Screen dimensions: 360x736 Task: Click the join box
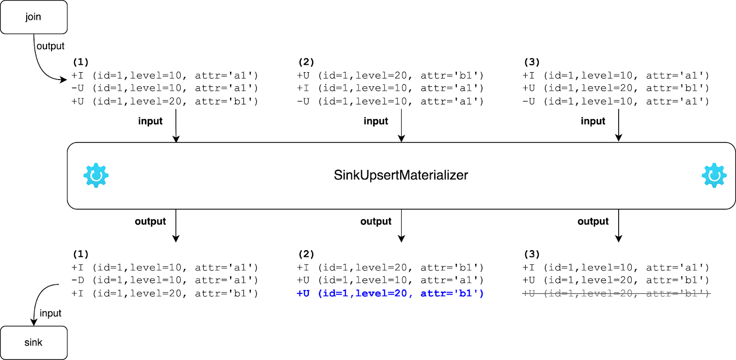34,17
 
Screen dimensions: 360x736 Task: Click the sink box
34,343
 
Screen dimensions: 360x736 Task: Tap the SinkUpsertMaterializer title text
401,175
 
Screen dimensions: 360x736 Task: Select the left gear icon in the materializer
96,175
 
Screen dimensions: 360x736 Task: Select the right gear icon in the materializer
714,175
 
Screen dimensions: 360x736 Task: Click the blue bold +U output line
390,293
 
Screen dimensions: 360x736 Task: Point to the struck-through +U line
615,293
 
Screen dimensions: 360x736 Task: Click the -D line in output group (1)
164,280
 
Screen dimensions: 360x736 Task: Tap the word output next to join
51,46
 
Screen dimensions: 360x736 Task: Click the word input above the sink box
51,313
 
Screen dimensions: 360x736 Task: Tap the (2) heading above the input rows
306,62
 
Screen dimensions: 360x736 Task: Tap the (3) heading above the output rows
532,254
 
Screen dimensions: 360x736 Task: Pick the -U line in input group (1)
164,88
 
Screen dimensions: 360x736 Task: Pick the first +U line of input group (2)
390,75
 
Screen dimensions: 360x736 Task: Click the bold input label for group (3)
592,121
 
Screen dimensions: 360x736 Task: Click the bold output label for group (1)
150,221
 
